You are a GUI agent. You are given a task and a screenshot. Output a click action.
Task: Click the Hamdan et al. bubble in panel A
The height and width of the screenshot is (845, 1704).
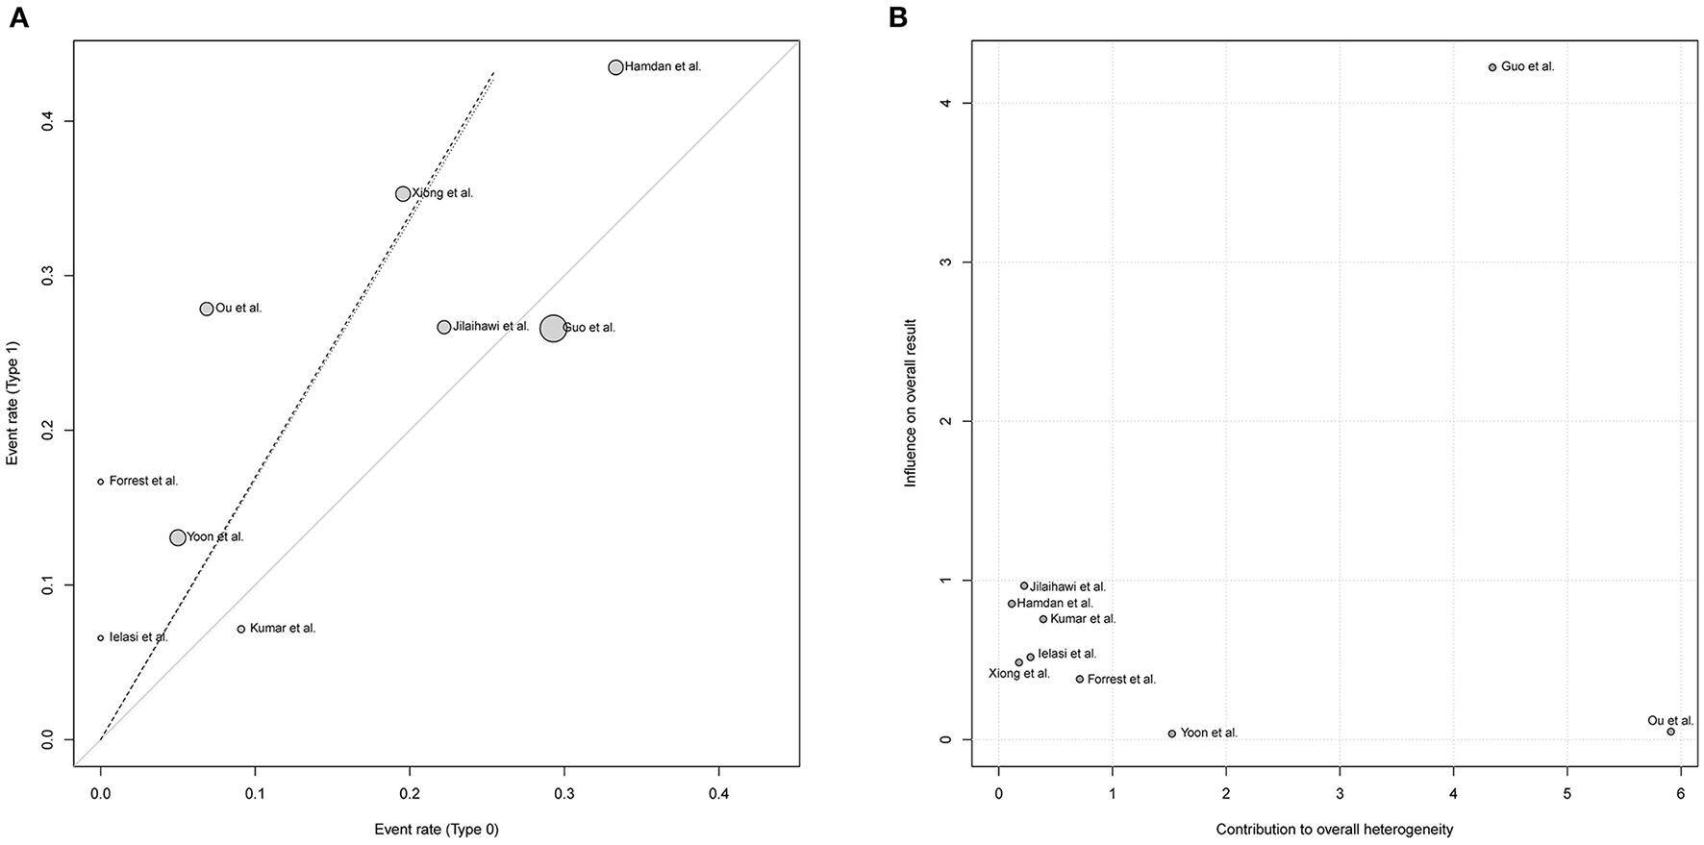[x=615, y=67]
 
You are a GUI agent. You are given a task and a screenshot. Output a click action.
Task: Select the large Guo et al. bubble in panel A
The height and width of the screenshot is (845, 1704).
[x=553, y=328]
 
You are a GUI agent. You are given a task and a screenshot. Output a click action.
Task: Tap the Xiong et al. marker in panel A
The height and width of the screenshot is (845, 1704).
[x=403, y=194]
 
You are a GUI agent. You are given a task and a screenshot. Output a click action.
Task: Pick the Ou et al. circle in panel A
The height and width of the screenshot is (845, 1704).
[x=206, y=309]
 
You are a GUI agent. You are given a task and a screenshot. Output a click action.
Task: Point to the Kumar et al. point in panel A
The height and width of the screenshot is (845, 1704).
[x=241, y=629]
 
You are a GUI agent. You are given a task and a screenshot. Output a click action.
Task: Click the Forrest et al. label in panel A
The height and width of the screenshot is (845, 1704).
[x=143, y=481]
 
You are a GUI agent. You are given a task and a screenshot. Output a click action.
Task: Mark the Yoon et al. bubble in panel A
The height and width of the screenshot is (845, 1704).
[x=178, y=537]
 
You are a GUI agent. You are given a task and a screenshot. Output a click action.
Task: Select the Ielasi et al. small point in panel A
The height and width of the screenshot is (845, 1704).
[x=101, y=637]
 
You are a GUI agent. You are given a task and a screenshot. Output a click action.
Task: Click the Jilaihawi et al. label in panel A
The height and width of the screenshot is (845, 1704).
[x=490, y=327]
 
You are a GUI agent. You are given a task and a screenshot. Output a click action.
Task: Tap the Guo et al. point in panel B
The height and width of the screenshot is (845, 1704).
[x=1492, y=67]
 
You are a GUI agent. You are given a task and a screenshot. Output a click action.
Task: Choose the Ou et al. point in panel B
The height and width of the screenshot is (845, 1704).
[x=1670, y=732]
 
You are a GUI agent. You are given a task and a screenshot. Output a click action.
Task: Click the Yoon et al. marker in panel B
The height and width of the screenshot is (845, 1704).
[x=1171, y=733]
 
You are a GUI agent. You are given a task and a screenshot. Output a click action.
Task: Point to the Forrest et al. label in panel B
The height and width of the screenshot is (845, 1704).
[x=1121, y=680]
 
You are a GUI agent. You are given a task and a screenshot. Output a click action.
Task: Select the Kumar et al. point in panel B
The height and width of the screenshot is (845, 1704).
[x=1042, y=619]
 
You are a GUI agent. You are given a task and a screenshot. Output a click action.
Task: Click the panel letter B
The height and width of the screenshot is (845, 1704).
[x=898, y=17]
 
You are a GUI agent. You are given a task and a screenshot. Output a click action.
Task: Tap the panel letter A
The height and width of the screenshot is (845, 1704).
[x=17, y=17]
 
